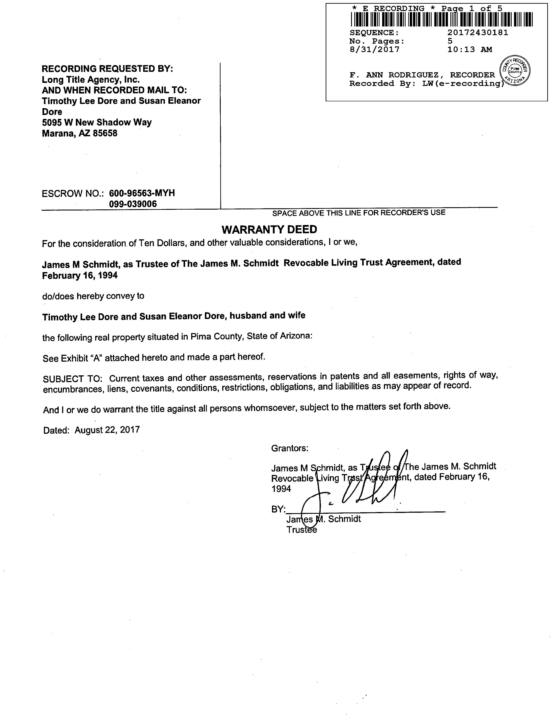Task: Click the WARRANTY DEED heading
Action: pyautogui.click(x=269, y=230)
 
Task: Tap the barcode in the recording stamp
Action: pyautogui.click(x=441, y=19)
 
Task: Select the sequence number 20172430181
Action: pyautogui.click(x=478, y=33)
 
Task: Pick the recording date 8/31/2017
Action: pyautogui.click(x=375, y=49)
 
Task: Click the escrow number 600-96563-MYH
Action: pyautogui.click(x=142, y=193)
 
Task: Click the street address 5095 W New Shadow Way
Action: pyautogui.click(x=97, y=123)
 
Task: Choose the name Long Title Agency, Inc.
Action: pyautogui.click(x=91, y=79)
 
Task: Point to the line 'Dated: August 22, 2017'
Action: pyautogui.click(x=91, y=430)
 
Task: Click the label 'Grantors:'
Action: pyautogui.click(x=289, y=448)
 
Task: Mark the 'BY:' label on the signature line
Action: pyautogui.click(x=278, y=509)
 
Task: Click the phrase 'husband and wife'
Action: pyautogui.click(x=267, y=315)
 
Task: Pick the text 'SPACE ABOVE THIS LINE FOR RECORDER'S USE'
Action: pyautogui.click(x=359, y=213)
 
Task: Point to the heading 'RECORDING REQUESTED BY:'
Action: pyautogui.click(x=107, y=69)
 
